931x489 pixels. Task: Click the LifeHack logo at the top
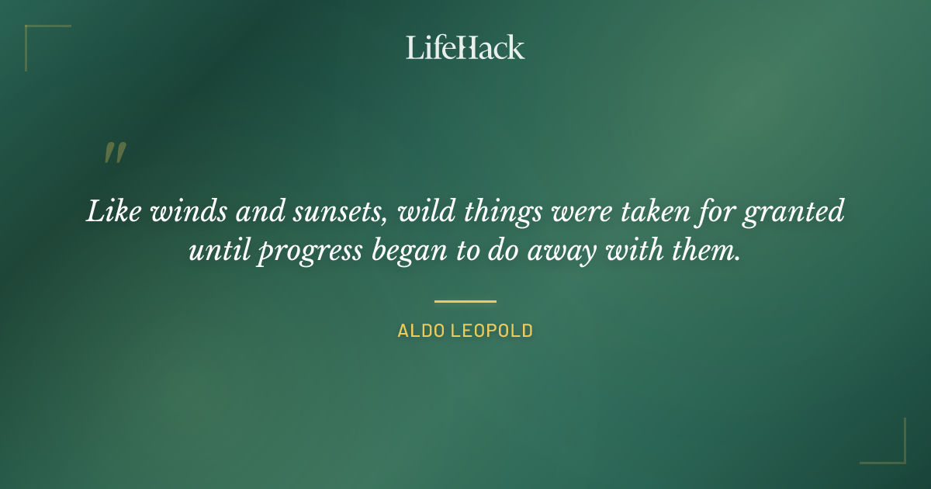pyautogui.click(x=465, y=47)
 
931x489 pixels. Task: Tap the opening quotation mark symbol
pyautogui.click(x=114, y=153)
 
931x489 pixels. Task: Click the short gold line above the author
pyautogui.click(x=465, y=301)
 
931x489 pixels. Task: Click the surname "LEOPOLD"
pyautogui.click(x=493, y=331)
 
